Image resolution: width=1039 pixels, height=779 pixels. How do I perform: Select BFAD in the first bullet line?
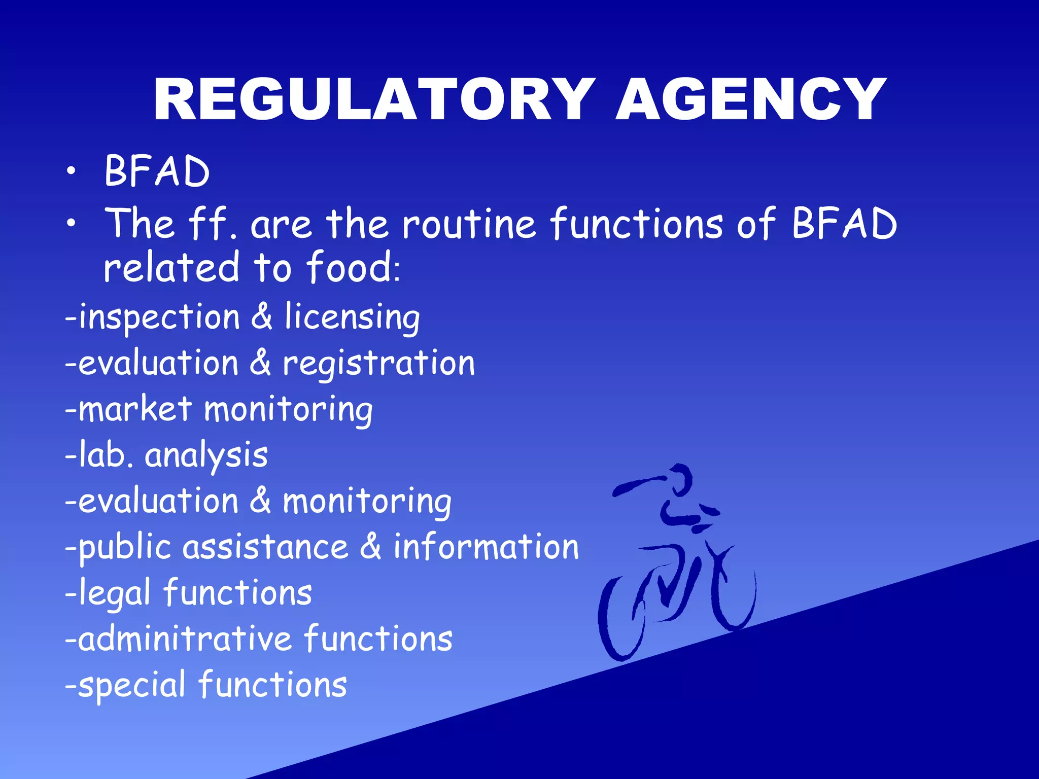point(157,171)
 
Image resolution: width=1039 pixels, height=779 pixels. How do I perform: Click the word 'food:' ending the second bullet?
point(353,267)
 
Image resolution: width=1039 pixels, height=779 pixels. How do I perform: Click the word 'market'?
point(135,409)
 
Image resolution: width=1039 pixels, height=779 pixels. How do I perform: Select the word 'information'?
point(486,547)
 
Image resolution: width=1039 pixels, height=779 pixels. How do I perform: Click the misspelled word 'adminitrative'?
point(185,639)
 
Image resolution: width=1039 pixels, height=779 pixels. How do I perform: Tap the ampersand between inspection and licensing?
point(261,317)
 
